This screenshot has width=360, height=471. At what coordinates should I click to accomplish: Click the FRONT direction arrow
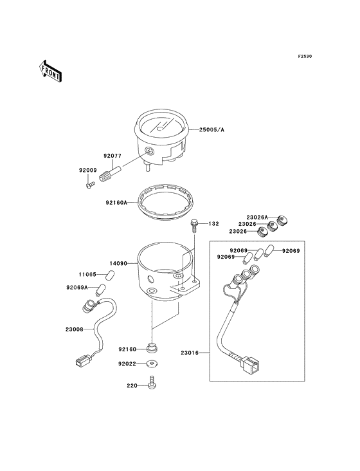point(50,71)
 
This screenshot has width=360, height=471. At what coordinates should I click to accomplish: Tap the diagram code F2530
point(305,56)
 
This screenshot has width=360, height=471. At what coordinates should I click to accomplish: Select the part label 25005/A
point(212,130)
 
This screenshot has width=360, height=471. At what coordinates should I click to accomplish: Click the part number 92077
point(113,156)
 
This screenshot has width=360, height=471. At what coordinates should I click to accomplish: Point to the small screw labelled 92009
point(90,185)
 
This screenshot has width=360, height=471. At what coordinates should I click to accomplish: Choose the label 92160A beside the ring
point(116,203)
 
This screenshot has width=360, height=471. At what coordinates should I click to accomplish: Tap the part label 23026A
point(257,217)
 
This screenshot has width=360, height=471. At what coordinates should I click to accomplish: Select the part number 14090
point(118,263)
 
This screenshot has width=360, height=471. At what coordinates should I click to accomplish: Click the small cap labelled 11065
point(111,274)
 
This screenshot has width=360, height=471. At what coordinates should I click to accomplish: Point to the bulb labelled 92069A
point(100,290)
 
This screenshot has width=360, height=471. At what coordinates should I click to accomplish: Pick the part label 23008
point(75,329)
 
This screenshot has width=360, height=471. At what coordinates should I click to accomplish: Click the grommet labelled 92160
point(152,348)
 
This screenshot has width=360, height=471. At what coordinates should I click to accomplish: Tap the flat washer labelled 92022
point(152,364)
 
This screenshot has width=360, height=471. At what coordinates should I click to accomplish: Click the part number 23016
point(190,353)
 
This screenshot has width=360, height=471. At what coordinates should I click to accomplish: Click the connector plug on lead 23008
point(82,360)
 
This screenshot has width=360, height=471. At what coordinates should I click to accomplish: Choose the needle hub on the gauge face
point(159,129)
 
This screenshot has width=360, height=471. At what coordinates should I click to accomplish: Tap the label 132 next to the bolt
point(213,224)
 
